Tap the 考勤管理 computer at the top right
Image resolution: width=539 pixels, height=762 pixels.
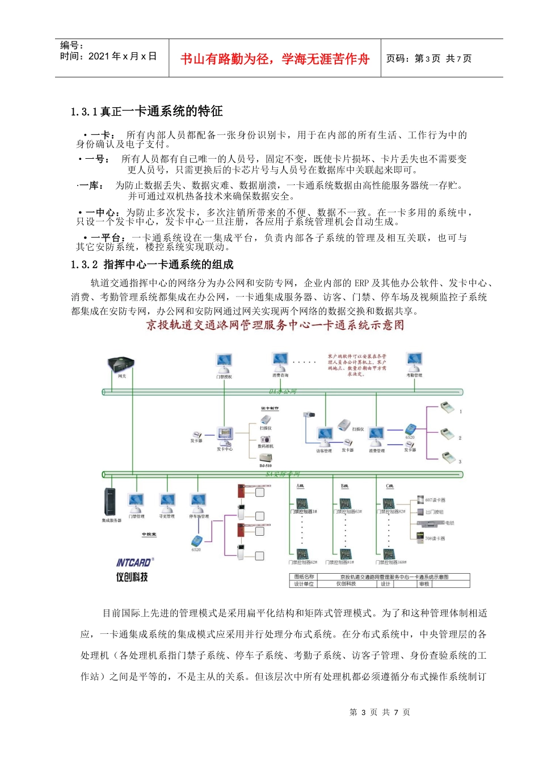[x=414, y=361]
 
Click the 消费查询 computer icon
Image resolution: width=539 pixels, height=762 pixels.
[x=280, y=361]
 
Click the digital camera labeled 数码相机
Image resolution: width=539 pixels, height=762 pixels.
[x=266, y=439]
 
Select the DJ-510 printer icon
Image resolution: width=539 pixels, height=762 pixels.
[x=264, y=458]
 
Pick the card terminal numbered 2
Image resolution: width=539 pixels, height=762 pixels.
[x=448, y=435]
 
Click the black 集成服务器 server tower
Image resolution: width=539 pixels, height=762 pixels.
[x=110, y=502]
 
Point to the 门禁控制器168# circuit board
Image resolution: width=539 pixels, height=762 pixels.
[x=389, y=554]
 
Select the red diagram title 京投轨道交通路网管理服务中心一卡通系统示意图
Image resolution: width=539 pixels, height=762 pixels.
[x=275, y=325]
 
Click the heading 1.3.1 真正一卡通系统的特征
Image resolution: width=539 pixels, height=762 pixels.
[x=147, y=112]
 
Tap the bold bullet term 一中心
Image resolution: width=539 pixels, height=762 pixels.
[x=103, y=213]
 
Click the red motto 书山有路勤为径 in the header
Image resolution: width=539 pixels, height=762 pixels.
[x=275, y=59]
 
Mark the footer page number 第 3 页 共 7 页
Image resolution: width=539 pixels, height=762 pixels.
[x=380, y=712]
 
